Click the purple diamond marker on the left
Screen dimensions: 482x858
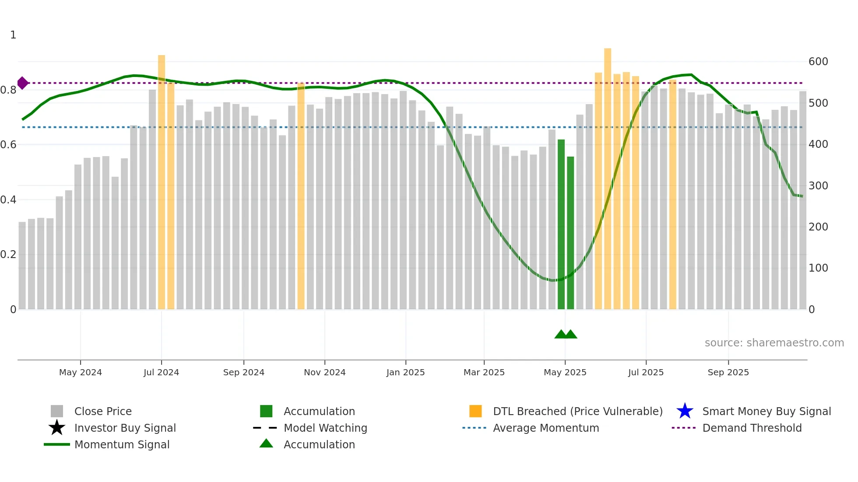click(23, 83)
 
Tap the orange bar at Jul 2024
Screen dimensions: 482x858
click(162, 184)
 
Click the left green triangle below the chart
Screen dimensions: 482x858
click(561, 335)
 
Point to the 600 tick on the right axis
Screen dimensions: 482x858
click(818, 62)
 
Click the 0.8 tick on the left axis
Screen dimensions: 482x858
click(9, 90)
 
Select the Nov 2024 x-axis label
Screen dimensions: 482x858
click(324, 372)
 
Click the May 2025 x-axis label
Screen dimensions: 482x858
click(565, 372)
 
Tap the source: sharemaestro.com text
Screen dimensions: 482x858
click(774, 343)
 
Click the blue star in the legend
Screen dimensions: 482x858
click(685, 411)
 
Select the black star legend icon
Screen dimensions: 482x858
click(57, 428)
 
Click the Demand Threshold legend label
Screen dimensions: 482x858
click(752, 428)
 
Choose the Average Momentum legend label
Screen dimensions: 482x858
click(546, 428)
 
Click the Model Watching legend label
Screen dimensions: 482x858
click(325, 428)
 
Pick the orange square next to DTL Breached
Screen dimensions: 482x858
click(475, 411)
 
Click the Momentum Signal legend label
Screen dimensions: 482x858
click(122, 444)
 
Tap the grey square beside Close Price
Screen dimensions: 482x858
click(57, 411)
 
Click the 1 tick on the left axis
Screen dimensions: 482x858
click(13, 35)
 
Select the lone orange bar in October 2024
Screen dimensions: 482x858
click(301, 197)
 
